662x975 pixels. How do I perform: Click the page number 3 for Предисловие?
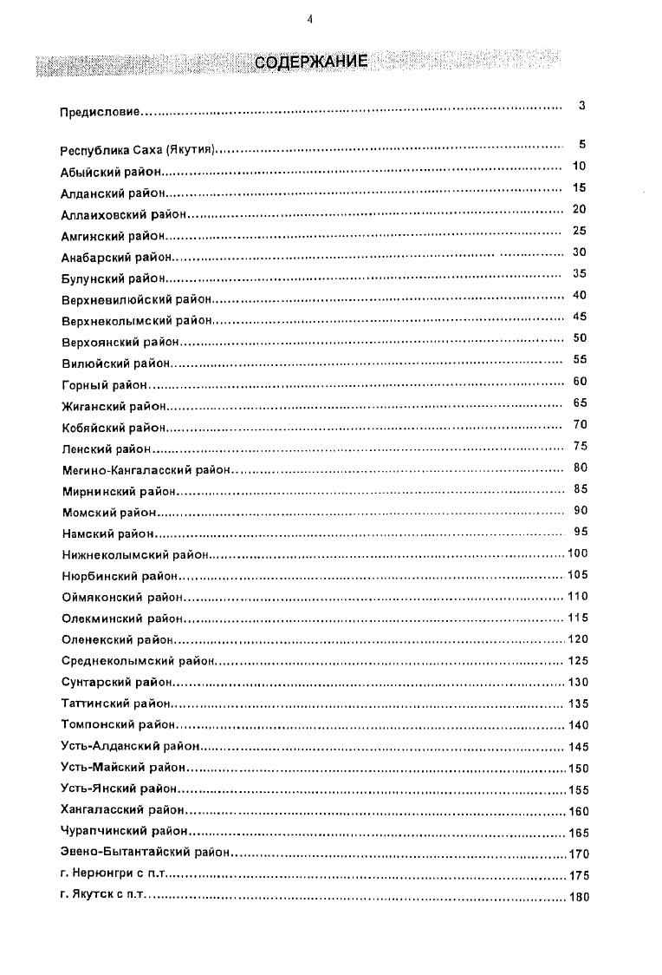[581, 106]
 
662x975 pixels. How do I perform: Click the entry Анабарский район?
[117, 258]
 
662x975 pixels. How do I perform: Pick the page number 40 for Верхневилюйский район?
[580, 295]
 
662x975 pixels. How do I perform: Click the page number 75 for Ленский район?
[580, 446]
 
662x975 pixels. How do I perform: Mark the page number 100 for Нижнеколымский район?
[577, 553]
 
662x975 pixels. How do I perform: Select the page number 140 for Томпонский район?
[577, 725]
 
